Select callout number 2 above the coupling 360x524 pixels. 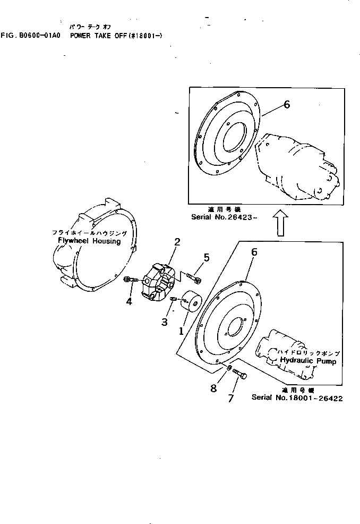coord(177,242)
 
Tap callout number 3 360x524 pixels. coord(165,322)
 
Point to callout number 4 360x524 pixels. coord(129,302)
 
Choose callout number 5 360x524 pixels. coord(206,258)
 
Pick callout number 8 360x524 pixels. coord(213,388)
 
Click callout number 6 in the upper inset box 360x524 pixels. coord(287,105)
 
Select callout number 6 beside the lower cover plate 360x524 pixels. coord(254,251)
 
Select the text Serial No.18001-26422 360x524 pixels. coord(297,398)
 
